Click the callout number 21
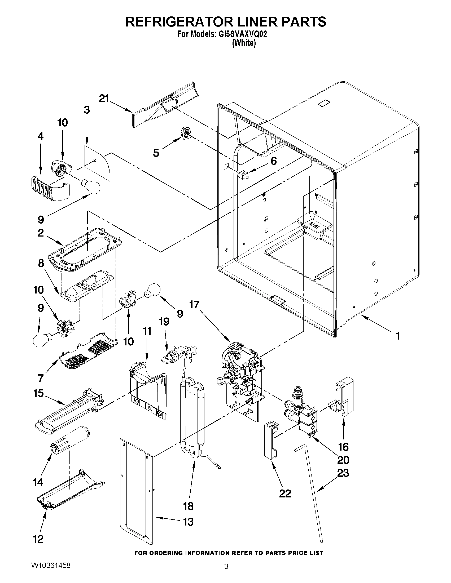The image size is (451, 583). (x=104, y=99)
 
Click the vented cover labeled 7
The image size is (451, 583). (x=88, y=350)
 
